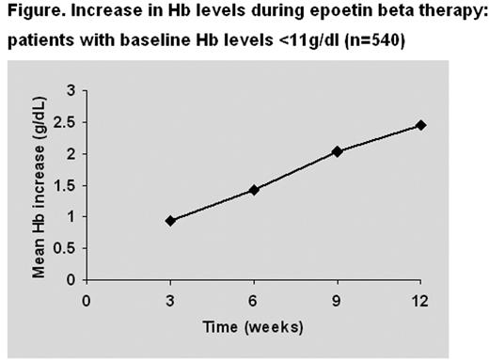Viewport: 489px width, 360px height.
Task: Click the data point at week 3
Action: [170, 221]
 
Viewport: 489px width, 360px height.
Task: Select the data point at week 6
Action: [254, 190]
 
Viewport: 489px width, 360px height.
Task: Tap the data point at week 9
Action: [338, 151]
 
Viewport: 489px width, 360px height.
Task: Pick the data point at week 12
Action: [420, 125]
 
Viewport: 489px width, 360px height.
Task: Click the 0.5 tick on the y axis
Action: [68, 248]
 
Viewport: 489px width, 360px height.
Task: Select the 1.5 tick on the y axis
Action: [68, 185]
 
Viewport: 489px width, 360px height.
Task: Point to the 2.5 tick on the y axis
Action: [68, 122]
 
